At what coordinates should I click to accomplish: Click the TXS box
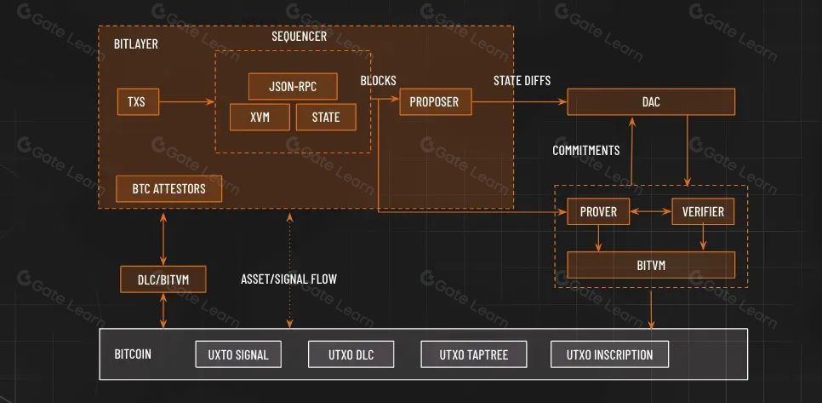pos(138,101)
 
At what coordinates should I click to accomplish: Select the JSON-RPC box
pos(293,86)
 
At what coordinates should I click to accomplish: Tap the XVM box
pos(260,117)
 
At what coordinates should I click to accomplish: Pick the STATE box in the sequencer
pos(326,117)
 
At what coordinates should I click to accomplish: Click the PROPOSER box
pos(436,101)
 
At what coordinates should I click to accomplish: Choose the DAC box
pos(651,101)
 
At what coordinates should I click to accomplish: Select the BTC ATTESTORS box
pos(168,189)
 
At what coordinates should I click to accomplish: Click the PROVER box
pos(598,211)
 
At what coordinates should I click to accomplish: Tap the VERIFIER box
pos(703,211)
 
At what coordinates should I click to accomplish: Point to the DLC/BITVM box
pos(163,279)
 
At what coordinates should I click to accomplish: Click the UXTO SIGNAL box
pos(238,354)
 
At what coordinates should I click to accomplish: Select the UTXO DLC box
pos(351,354)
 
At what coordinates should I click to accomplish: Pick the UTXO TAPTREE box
pos(474,354)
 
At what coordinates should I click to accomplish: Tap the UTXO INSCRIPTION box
pos(609,354)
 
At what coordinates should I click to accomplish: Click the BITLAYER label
pos(136,43)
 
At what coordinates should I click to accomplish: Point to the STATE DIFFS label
pos(522,81)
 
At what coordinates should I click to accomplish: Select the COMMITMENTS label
pos(586,151)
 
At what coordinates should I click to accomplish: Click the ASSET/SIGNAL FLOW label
pos(288,279)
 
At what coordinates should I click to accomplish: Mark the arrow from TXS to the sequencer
pos(187,101)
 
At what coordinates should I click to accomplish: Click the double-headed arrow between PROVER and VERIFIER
pos(651,211)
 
